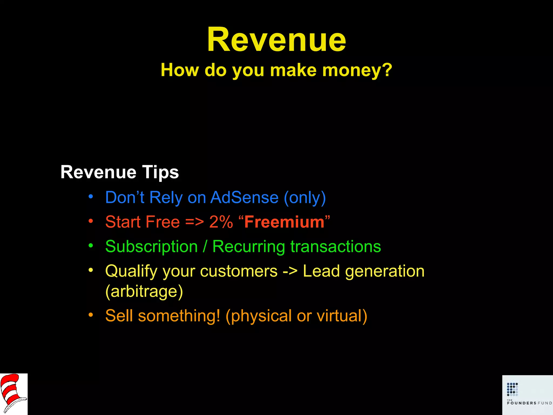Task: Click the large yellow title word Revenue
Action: click(x=276, y=40)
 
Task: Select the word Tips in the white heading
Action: click(x=160, y=172)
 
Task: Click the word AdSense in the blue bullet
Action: click(x=244, y=198)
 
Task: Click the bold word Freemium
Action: click(x=284, y=222)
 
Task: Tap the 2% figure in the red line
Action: click(x=221, y=222)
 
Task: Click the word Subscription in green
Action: click(x=151, y=247)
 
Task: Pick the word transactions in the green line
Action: click(x=336, y=247)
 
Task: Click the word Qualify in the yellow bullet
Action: click(x=131, y=272)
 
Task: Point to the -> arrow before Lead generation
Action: click(x=290, y=271)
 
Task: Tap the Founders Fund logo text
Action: click(x=529, y=403)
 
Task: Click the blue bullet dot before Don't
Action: click(x=91, y=196)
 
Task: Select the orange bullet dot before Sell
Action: click(x=91, y=315)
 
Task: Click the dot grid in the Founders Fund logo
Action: click(x=512, y=389)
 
